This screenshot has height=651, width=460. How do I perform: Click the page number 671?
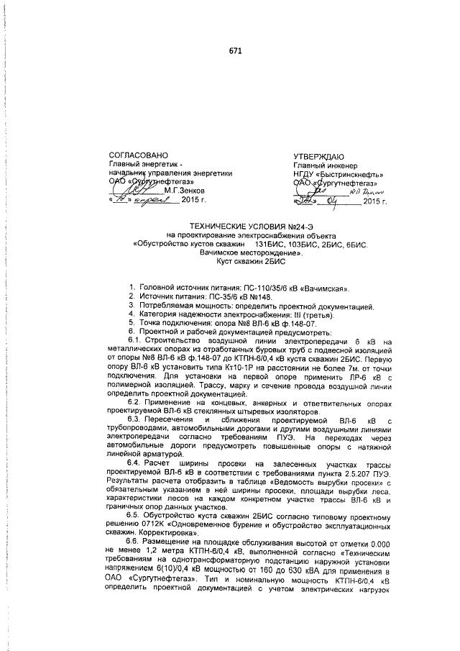click(x=235, y=51)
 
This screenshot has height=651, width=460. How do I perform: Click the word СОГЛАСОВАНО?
click(x=137, y=155)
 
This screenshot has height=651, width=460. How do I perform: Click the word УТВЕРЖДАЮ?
click(x=320, y=155)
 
